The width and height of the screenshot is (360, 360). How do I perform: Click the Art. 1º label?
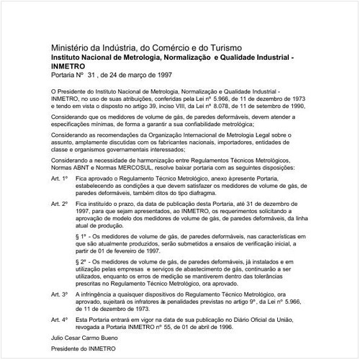point(59,177)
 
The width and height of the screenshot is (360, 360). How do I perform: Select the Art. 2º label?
point(59,204)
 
